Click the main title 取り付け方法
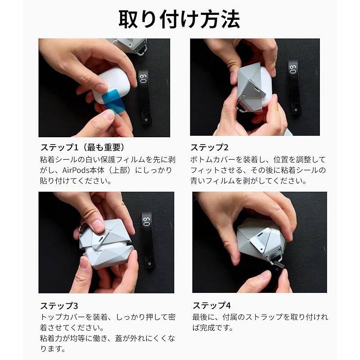point(180,19)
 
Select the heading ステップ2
point(210,148)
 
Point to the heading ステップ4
point(212,306)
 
